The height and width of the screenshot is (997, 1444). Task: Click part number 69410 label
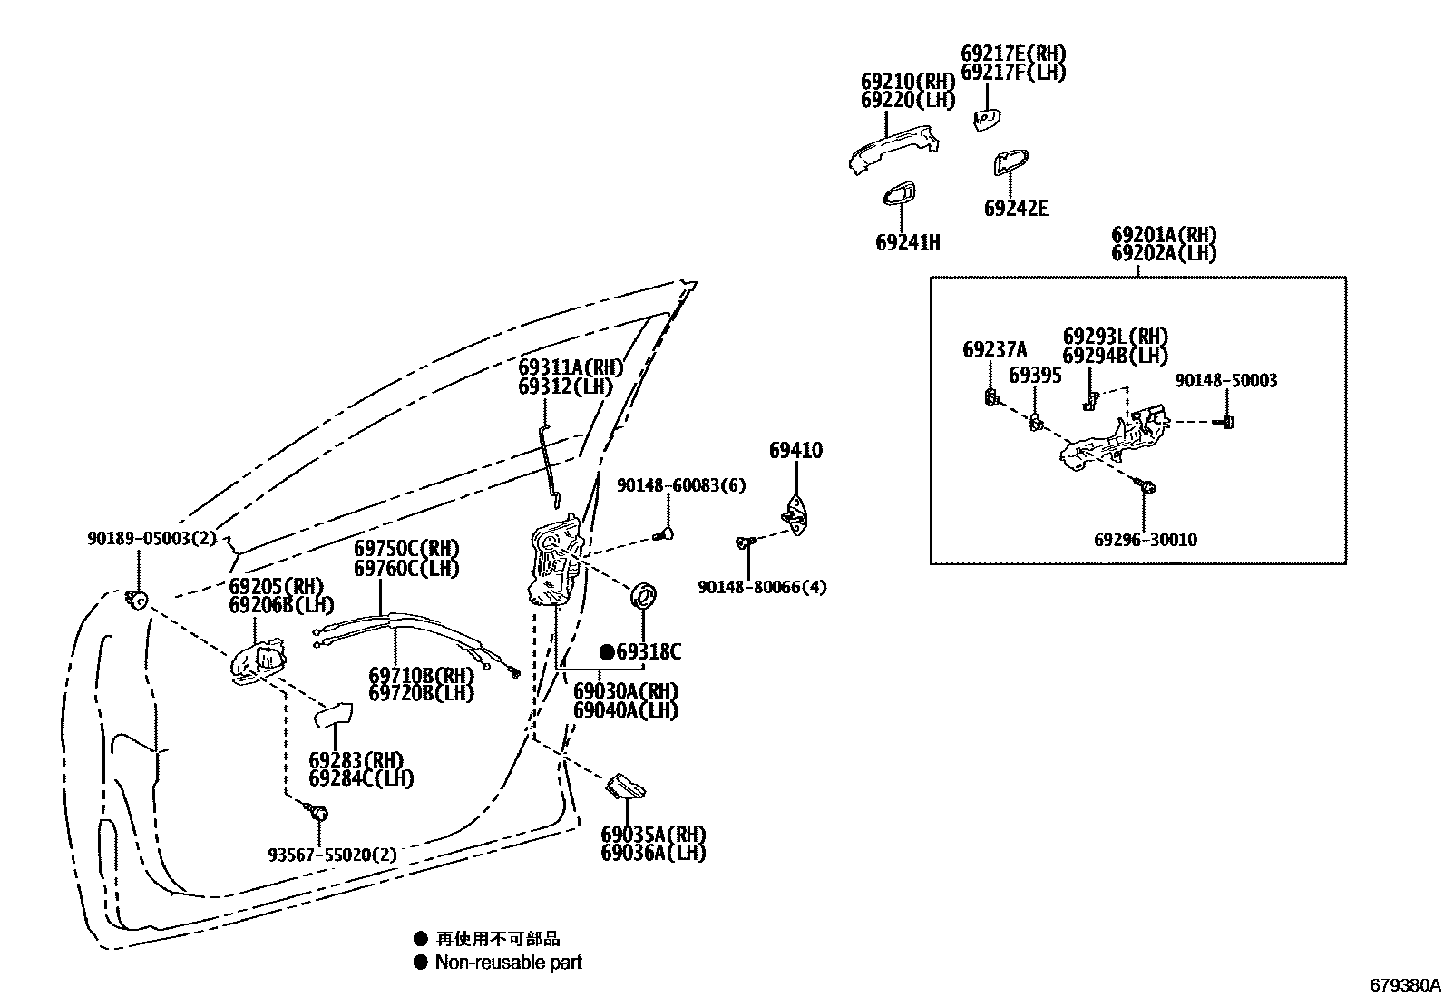[x=795, y=450]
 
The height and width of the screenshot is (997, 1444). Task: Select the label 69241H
[x=907, y=242]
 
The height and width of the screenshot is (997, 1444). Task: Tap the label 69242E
[x=1016, y=209]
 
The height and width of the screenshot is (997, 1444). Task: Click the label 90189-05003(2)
[x=151, y=538]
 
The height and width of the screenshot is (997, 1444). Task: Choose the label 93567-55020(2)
[x=332, y=854]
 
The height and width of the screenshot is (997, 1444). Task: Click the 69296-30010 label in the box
[x=1145, y=540]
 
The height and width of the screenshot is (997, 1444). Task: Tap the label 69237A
[x=994, y=350]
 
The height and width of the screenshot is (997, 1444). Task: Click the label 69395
[x=1035, y=376]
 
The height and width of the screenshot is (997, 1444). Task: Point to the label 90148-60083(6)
[x=681, y=485]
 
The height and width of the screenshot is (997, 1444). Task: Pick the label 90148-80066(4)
[x=762, y=587]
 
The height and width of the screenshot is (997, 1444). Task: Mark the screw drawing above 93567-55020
[x=317, y=811]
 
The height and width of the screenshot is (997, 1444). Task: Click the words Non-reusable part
[x=508, y=963]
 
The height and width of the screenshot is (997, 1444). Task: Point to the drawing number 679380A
[x=1404, y=984]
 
